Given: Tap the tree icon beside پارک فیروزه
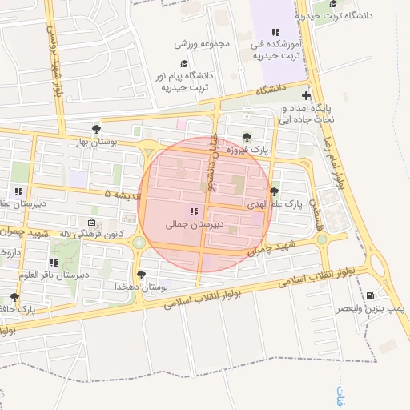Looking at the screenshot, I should coord(246,137).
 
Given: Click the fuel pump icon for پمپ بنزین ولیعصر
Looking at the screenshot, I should coord(370,295).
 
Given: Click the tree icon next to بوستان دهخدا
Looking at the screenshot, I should coord(142,275).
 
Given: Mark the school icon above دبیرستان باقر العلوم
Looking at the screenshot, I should coord(54,262).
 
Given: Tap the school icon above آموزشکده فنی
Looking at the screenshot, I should coord(275,33).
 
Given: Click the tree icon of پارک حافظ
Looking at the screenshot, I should coord(14,297).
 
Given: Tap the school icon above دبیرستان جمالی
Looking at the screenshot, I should coord(193,212).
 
